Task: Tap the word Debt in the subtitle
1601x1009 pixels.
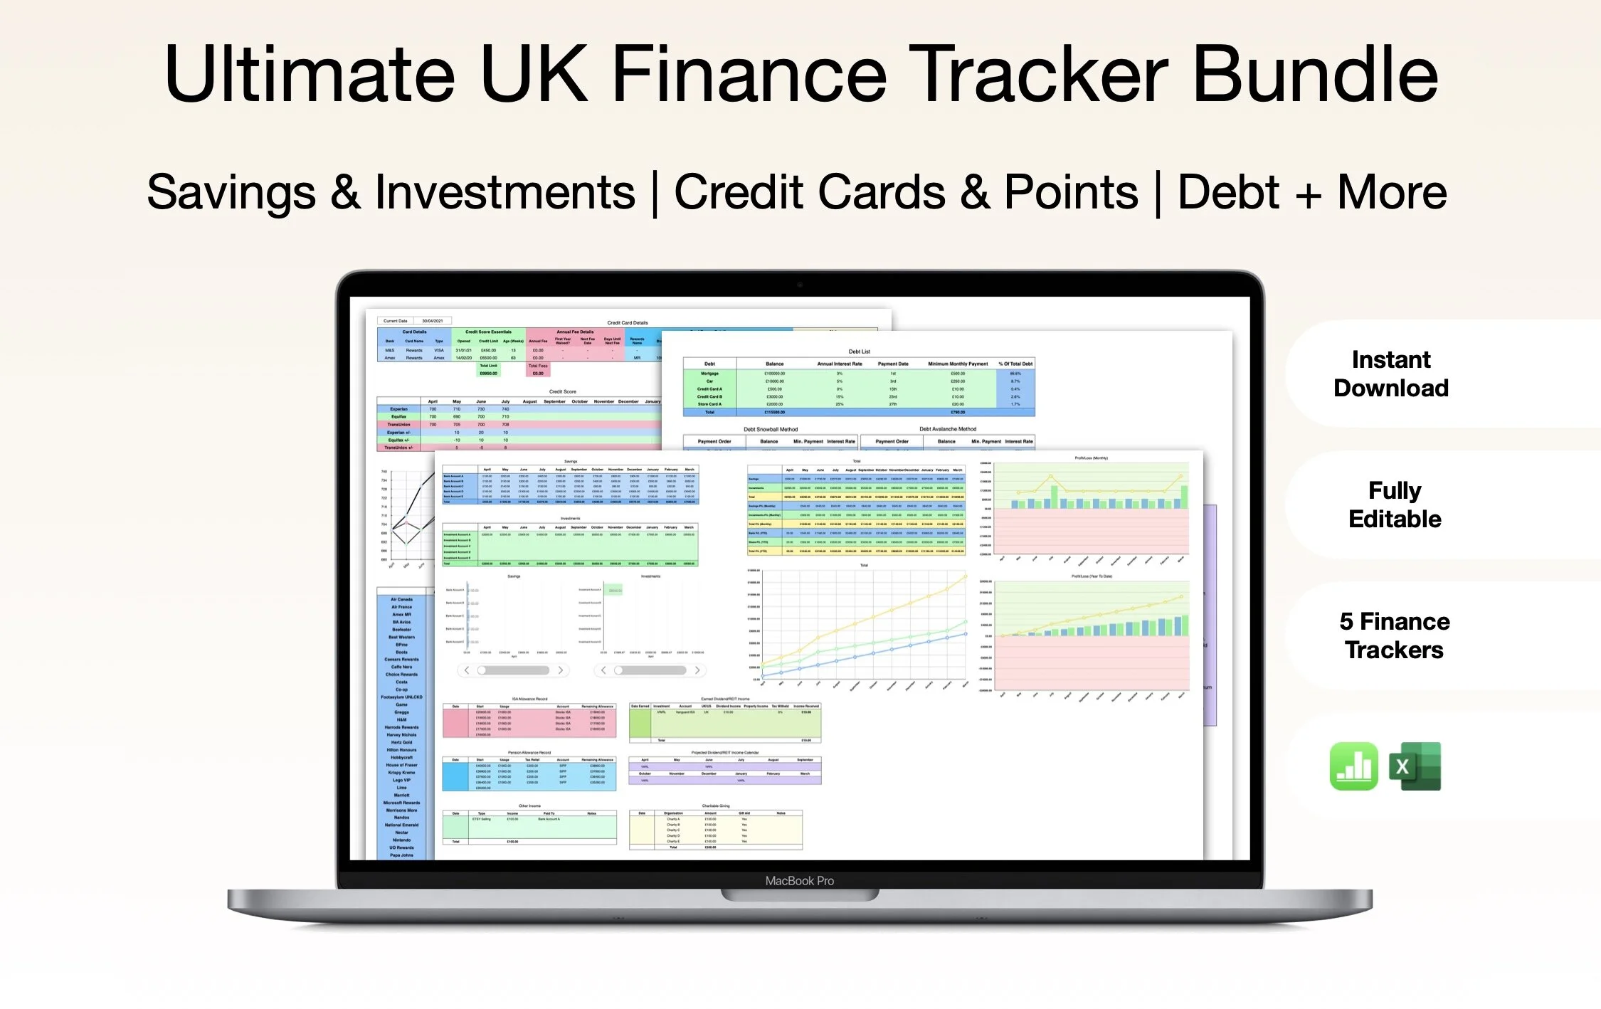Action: (x=1228, y=192)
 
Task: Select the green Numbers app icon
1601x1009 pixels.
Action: (x=1353, y=766)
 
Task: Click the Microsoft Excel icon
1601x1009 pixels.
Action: (x=1415, y=766)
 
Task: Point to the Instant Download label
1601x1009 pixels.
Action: (x=1391, y=374)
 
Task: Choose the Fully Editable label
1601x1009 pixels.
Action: (x=1395, y=504)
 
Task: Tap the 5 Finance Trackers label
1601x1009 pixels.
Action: (x=1395, y=635)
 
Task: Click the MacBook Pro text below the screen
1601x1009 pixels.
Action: (x=799, y=881)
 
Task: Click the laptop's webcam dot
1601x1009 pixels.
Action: (x=800, y=285)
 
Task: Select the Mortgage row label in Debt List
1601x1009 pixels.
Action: (x=709, y=374)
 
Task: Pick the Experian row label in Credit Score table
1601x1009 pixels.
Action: (x=398, y=409)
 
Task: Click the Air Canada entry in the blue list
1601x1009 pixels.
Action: (x=401, y=599)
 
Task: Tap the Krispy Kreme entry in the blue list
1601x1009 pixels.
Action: (x=401, y=773)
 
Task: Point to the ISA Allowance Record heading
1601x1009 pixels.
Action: (x=529, y=699)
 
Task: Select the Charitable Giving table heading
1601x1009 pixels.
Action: (x=715, y=806)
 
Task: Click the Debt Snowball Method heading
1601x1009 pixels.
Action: (x=771, y=429)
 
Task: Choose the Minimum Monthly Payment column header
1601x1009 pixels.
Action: (x=958, y=364)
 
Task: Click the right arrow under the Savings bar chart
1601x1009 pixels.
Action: (x=561, y=670)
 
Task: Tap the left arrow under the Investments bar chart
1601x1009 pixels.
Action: (x=603, y=670)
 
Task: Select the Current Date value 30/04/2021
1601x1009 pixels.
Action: (x=433, y=321)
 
